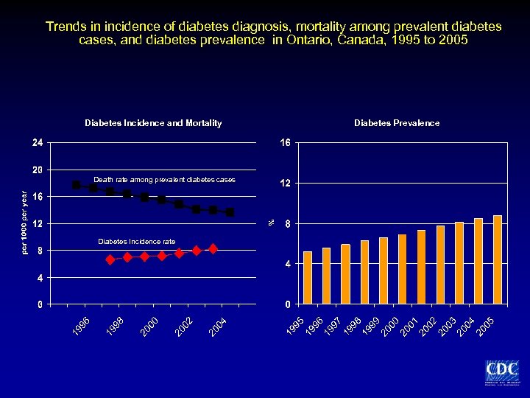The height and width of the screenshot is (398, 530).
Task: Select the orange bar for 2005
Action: pyautogui.click(x=498, y=259)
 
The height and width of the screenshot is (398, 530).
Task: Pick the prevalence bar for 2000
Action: pyautogui.click(x=403, y=269)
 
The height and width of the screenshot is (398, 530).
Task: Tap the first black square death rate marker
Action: pyautogui.click(x=77, y=185)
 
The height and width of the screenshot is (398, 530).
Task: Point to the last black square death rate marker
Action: pyautogui.click(x=230, y=212)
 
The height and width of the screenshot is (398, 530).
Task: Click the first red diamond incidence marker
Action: pyautogui.click(x=110, y=259)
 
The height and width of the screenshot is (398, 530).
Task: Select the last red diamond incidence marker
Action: pyautogui.click(x=213, y=249)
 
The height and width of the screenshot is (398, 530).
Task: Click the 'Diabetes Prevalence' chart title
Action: pyautogui.click(x=397, y=123)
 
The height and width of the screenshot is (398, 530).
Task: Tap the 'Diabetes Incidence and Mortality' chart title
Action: pyautogui.click(x=153, y=123)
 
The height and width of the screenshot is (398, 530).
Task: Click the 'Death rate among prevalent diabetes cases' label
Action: pyautogui.click(x=165, y=179)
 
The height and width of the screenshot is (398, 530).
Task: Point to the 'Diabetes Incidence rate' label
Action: pyautogui.click(x=137, y=241)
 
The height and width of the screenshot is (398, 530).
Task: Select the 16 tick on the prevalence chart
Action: pyautogui.click(x=285, y=142)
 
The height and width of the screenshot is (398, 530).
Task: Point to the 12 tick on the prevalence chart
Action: pyautogui.click(x=285, y=183)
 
